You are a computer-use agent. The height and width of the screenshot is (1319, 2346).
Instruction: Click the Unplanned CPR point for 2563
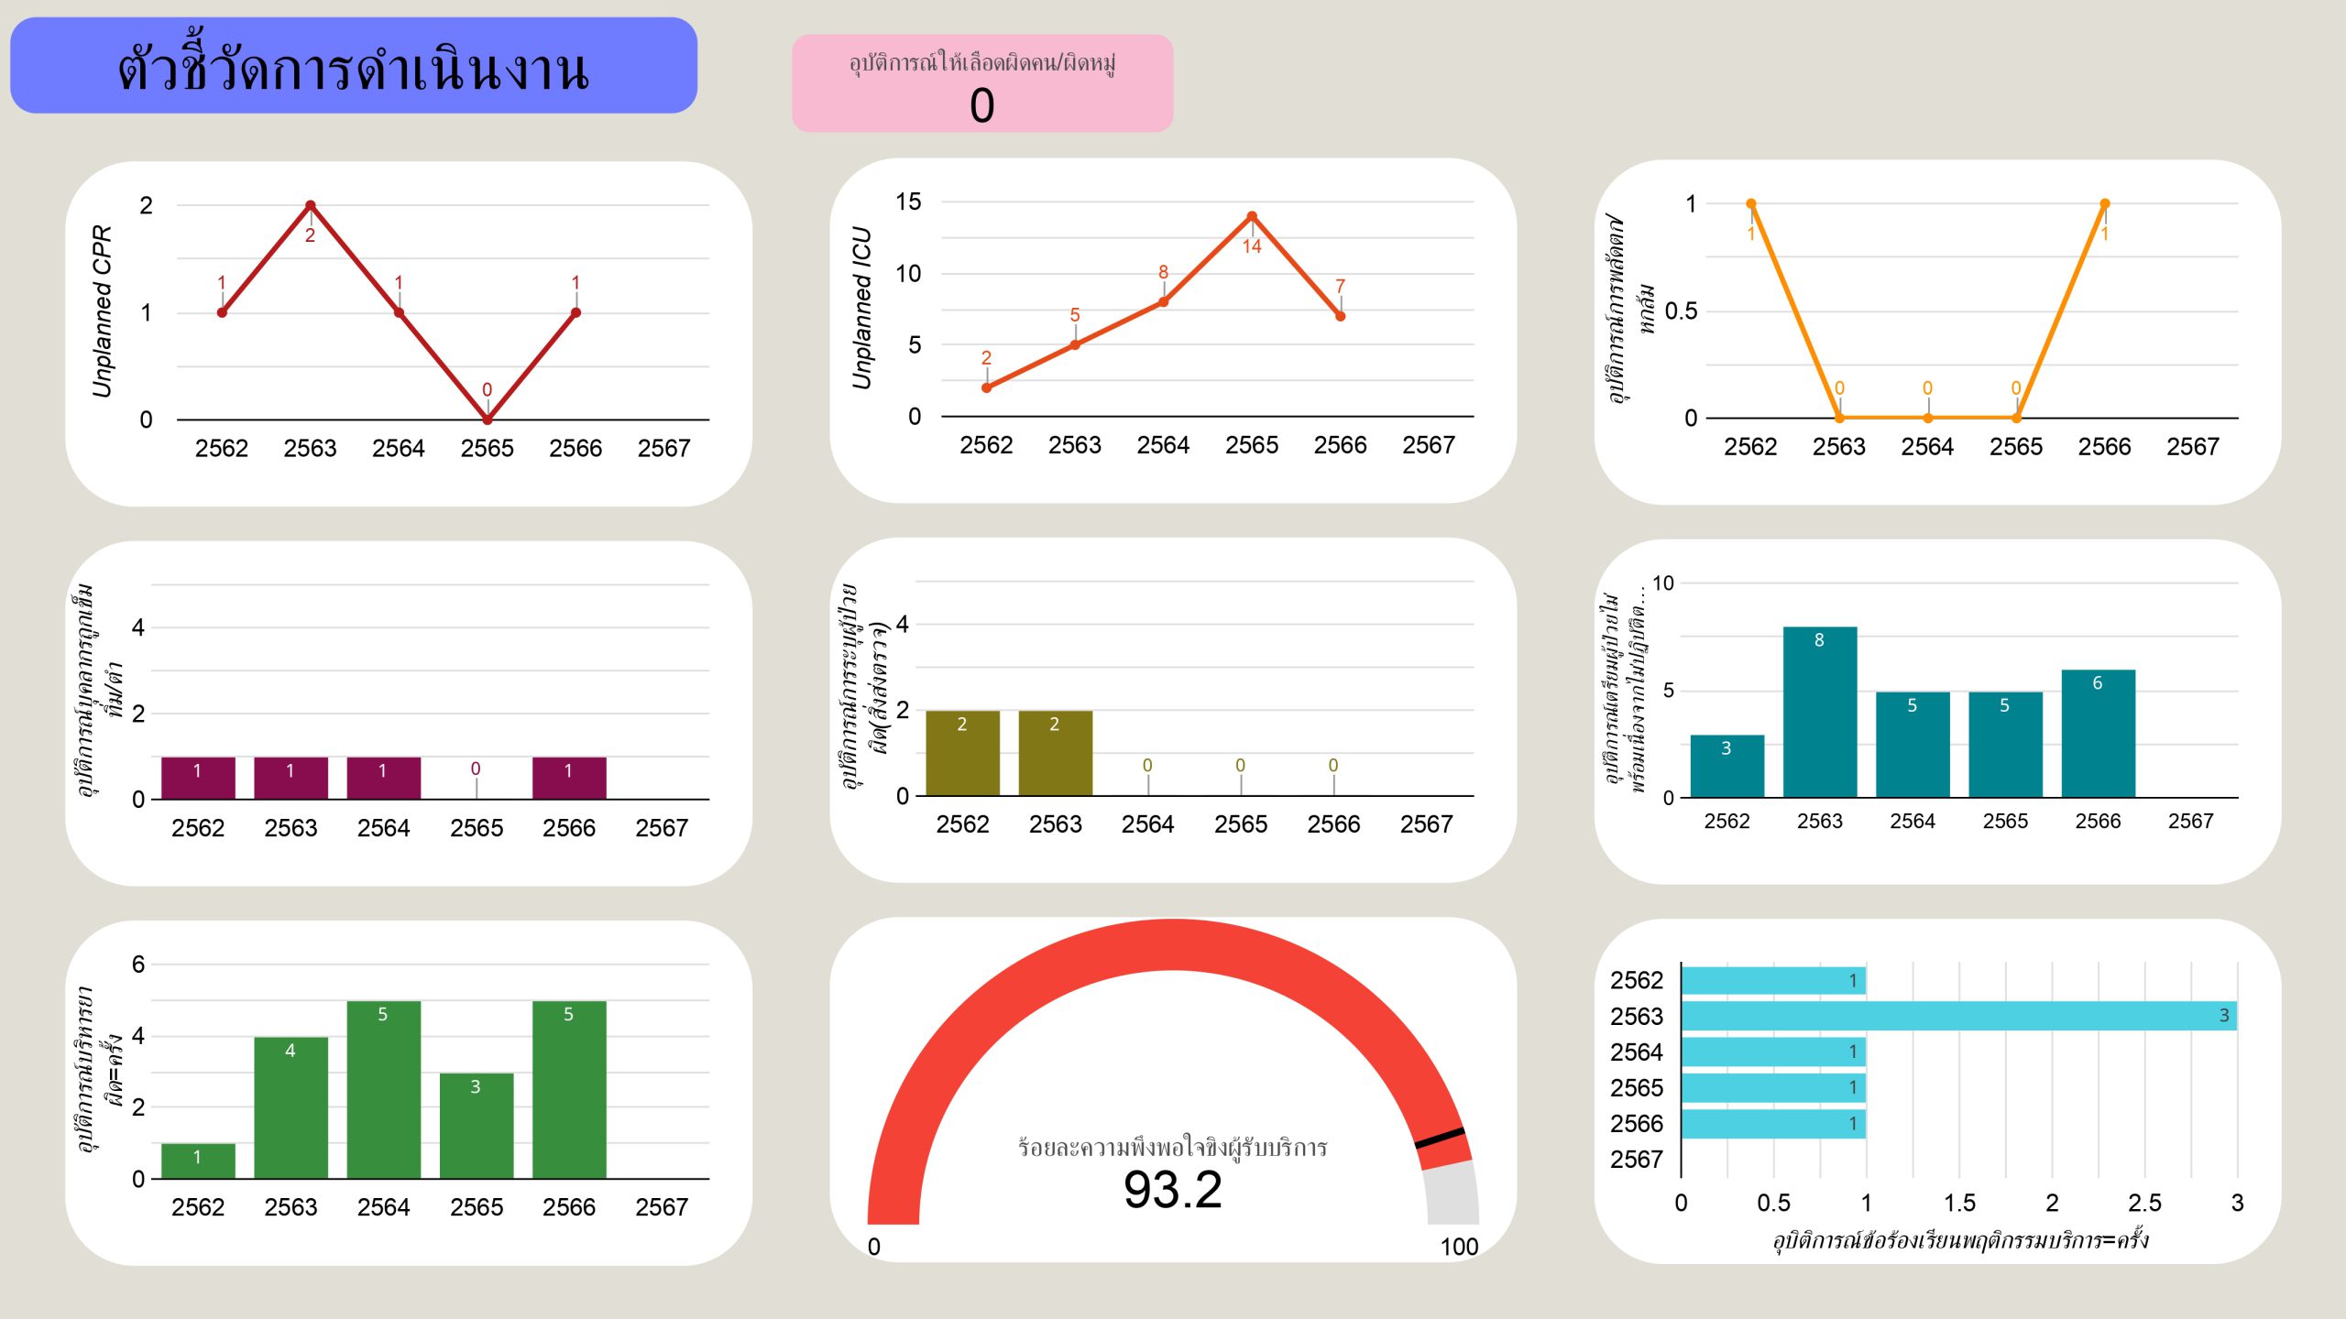(x=311, y=205)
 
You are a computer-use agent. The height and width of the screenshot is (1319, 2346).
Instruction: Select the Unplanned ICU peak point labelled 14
(x=1252, y=217)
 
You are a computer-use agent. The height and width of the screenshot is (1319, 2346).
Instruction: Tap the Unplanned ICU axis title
(x=861, y=308)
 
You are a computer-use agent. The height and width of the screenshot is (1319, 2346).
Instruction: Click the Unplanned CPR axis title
(x=102, y=311)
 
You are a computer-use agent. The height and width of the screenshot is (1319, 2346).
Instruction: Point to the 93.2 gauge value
(x=1173, y=1190)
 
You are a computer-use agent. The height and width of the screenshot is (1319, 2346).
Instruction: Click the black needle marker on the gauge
(x=1439, y=1139)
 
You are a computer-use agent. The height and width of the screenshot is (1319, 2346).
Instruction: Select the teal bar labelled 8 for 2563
(x=1820, y=712)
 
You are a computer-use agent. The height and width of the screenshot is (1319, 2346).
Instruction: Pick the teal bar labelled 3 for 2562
(x=1727, y=766)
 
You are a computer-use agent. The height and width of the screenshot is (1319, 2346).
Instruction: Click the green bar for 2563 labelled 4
(x=291, y=1107)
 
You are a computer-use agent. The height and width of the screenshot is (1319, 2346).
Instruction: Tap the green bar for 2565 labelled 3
(x=476, y=1126)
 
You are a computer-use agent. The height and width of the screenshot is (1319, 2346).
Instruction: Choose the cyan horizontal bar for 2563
(x=1958, y=1016)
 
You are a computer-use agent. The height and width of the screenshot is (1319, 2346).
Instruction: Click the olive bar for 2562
(x=962, y=753)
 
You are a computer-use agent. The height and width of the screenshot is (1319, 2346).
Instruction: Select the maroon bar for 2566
(x=568, y=778)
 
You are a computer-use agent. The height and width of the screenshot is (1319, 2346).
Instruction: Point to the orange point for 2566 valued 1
(x=2105, y=204)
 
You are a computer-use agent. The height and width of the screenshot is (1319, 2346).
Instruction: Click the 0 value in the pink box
(x=981, y=105)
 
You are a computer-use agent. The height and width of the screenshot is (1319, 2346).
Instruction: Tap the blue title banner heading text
(x=353, y=67)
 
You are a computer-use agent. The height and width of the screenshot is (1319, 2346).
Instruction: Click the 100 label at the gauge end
(x=1459, y=1247)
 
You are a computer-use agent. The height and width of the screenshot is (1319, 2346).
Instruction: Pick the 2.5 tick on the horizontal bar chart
(x=2144, y=1203)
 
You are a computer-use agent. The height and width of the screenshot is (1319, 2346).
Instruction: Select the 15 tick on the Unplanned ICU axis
(x=908, y=202)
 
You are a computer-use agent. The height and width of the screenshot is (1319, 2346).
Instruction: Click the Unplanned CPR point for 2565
(x=488, y=420)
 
